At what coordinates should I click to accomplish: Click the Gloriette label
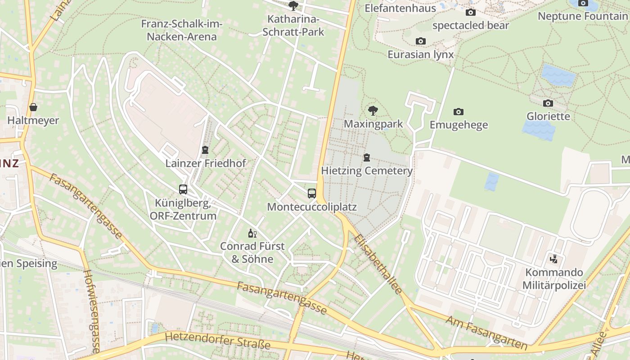tap(548, 117)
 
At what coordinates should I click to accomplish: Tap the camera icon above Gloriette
tap(548, 103)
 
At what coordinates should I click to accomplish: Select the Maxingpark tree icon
tap(373, 110)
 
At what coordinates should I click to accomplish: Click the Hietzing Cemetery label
tap(367, 171)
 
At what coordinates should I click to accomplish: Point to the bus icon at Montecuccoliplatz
tap(312, 193)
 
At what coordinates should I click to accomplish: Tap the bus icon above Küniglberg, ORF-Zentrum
tap(183, 189)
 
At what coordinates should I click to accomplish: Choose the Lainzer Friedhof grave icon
tap(205, 150)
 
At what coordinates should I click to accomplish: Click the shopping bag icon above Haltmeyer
tap(33, 107)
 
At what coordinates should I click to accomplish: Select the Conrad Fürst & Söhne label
tap(252, 252)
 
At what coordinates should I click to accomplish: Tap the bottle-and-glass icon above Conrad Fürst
tap(252, 233)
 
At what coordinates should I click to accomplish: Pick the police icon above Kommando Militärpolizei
tap(554, 259)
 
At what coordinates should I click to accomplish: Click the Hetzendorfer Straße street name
tap(217, 341)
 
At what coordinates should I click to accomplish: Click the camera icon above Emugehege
tap(458, 112)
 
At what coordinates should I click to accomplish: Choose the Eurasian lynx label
tap(420, 54)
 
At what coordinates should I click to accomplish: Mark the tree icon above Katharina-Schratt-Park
tap(293, 6)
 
